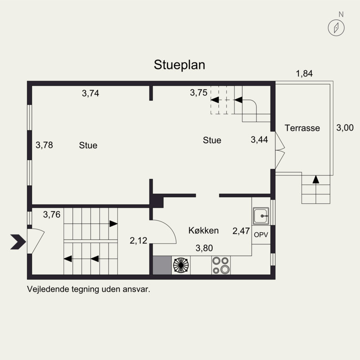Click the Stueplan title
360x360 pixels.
tap(180, 65)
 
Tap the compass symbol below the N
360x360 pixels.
tap(336, 28)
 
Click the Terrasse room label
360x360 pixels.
tap(302, 128)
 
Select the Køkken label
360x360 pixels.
tap(203, 230)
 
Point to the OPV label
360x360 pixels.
tap(261, 234)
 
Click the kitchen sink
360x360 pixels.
tap(261, 216)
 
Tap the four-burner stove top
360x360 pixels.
tap(221, 265)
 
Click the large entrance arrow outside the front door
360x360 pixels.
tap(18, 242)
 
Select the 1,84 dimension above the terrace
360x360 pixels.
tap(304, 73)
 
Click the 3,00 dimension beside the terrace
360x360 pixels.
tap(345, 128)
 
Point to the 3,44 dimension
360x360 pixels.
tap(259, 139)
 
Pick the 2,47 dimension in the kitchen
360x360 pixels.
tap(241, 231)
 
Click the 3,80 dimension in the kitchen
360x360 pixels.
tap(204, 248)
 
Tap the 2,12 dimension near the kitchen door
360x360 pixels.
tap(138, 241)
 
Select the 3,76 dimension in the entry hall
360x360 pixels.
tap(52, 215)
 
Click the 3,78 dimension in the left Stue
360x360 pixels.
tap(44, 145)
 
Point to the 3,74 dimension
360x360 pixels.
tap(90, 93)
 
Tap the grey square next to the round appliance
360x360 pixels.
tap(162, 265)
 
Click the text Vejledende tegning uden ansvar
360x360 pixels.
tap(89, 289)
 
